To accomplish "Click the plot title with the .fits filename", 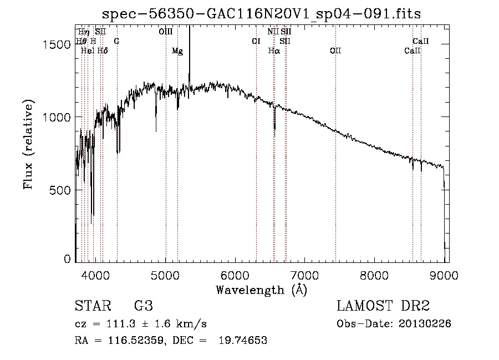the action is pyautogui.click(x=261, y=14).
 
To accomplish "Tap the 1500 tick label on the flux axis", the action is pyautogui.click(x=57, y=44).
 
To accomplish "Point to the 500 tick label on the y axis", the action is pyautogui.click(x=60, y=190).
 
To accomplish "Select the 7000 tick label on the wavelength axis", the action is pyautogui.click(x=304, y=275).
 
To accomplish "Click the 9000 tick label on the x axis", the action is pyautogui.click(x=444, y=275).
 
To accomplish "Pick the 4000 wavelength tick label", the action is pyautogui.click(x=95, y=275).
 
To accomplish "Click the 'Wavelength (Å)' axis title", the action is pyautogui.click(x=262, y=290).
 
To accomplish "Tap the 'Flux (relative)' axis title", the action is pyautogui.click(x=28, y=145).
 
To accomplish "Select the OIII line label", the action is pyautogui.click(x=166, y=32).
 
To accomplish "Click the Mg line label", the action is pyautogui.click(x=177, y=51).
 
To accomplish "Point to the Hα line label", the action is pyautogui.click(x=274, y=50).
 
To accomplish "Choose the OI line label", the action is pyautogui.click(x=256, y=41).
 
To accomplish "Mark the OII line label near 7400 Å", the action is pyautogui.click(x=335, y=50).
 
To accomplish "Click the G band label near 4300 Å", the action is pyautogui.click(x=117, y=41).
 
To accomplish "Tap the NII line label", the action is pyautogui.click(x=273, y=32).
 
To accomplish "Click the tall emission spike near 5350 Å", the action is pyautogui.click(x=190, y=60).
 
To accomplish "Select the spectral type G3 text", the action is pyautogui.click(x=144, y=306).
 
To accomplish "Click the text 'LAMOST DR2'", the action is pyautogui.click(x=383, y=306).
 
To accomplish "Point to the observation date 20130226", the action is pyautogui.click(x=425, y=324).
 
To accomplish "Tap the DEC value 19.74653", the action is pyautogui.click(x=243, y=340).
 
